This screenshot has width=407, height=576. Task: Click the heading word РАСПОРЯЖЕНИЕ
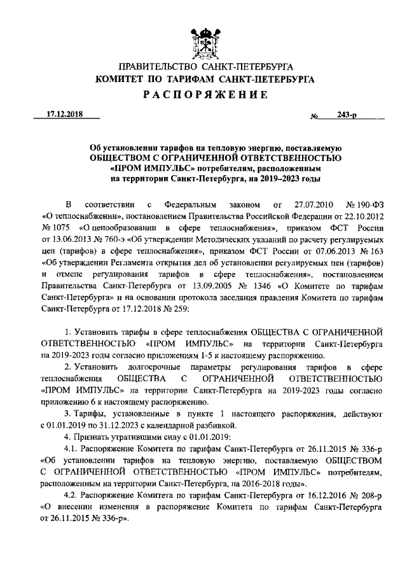pos(203,95)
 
